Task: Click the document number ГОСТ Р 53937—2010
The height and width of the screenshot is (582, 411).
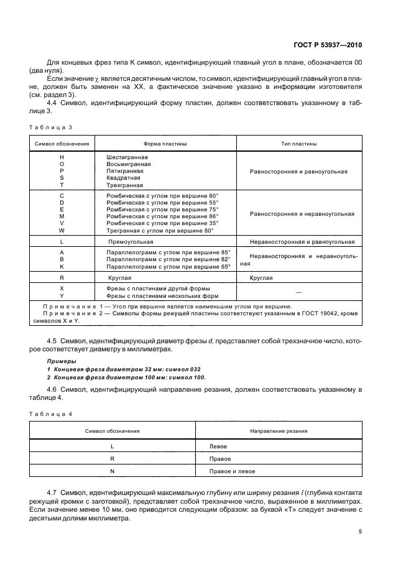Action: pos(328,45)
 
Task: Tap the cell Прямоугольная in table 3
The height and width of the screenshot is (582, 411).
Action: pos(131,241)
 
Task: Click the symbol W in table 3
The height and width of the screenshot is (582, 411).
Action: pos(62,230)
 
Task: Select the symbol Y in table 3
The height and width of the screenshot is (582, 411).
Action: pos(62,295)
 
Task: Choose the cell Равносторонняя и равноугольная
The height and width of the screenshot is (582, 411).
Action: pos(298,171)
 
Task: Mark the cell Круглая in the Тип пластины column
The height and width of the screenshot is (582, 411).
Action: pos(261,278)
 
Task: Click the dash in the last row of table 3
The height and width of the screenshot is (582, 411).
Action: pos(298,292)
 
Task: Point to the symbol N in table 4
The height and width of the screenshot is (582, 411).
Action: pos(112,471)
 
